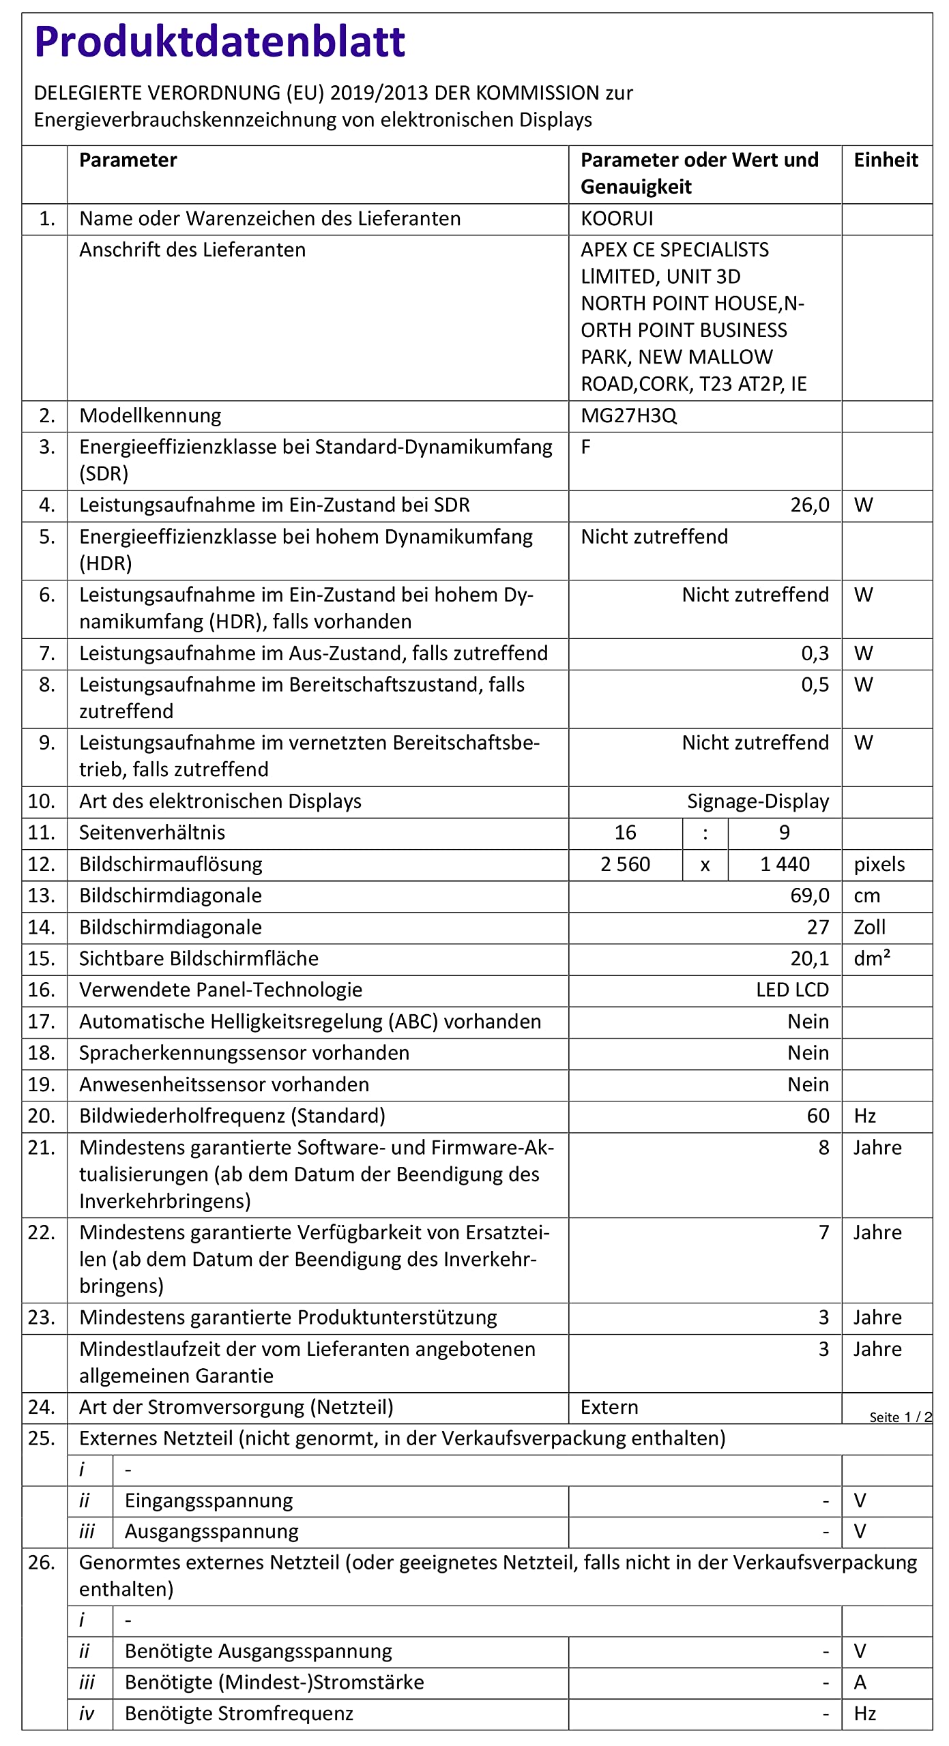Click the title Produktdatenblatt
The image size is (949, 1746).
[220, 42]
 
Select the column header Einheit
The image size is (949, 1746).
[886, 160]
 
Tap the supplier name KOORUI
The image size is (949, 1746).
[617, 219]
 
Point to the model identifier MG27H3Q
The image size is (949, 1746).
[628, 416]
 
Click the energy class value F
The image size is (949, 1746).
[586, 447]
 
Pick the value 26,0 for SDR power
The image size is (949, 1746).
[810, 505]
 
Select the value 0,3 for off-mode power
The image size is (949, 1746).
[815, 653]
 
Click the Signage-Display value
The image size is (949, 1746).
[757, 801]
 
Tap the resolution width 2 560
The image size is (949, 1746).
[625, 865]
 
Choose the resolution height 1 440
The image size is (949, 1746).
[785, 865]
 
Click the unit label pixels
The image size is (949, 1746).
[879, 865]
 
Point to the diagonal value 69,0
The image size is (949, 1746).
[810, 896]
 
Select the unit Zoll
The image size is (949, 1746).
[869, 928]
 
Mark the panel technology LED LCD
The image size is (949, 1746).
[792, 990]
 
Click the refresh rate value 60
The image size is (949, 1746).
[818, 1116]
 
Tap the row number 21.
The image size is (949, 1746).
[41, 1148]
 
